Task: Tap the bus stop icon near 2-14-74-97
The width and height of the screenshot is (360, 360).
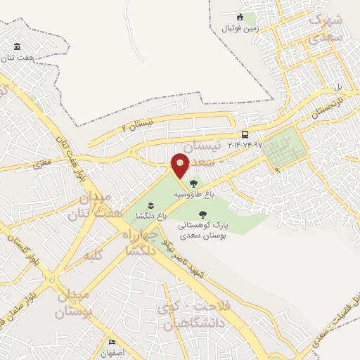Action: point(245,134)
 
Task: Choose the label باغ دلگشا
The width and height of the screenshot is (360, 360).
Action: point(152,217)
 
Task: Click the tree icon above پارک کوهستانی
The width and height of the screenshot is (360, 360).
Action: point(203,215)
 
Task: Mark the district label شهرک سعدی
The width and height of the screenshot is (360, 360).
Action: point(328,29)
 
